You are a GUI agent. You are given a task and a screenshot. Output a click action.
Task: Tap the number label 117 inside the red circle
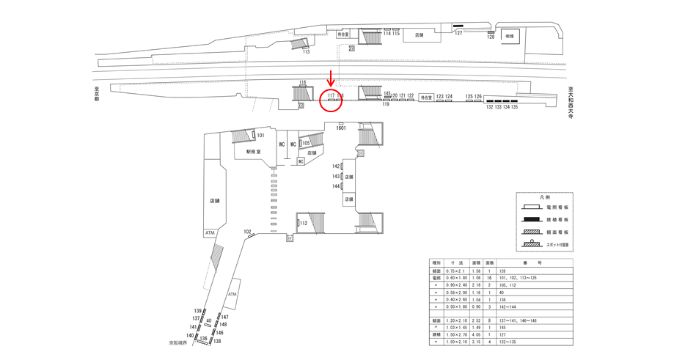point(331,95)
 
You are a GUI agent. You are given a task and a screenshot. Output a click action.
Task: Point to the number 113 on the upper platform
point(306,52)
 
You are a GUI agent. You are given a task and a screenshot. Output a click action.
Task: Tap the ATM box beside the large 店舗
point(210,232)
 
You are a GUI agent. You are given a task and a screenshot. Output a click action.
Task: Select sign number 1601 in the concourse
point(341,128)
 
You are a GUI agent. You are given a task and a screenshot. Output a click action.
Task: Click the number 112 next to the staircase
point(302,224)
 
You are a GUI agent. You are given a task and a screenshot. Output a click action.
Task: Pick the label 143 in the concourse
point(336,177)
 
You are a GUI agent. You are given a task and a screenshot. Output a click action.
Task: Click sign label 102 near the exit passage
point(247,232)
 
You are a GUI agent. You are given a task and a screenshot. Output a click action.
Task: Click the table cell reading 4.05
point(477,334)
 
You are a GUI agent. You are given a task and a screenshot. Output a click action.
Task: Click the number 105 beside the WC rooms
point(307,143)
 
